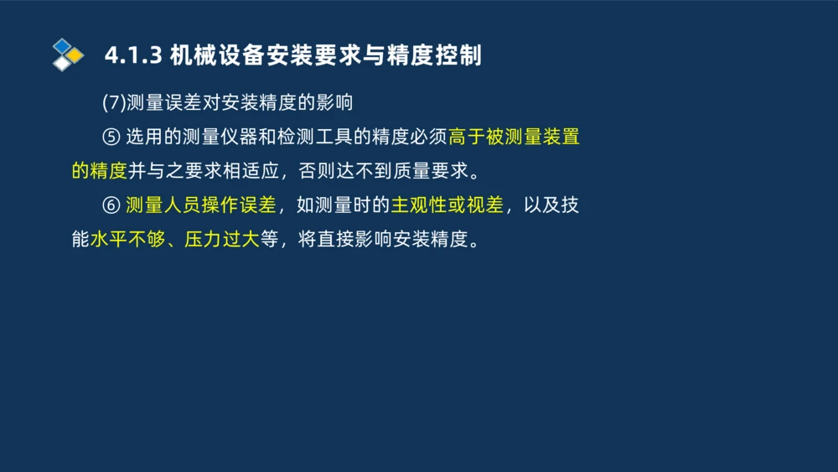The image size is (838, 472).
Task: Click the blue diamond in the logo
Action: click(x=63, y=45)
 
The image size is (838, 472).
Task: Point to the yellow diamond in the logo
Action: click(x=75, y=55)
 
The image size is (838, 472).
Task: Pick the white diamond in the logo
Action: click(x=63, y=64)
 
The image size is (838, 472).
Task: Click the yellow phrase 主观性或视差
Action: click(x=447, y=205)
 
